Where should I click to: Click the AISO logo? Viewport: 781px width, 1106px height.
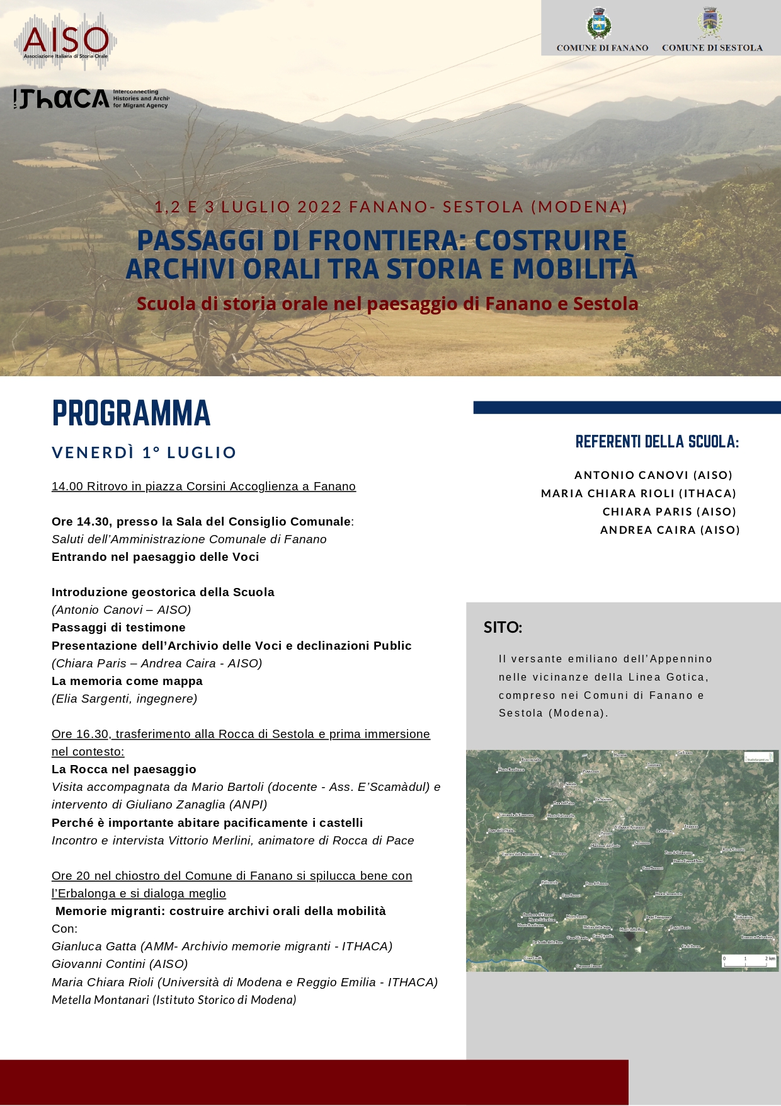coord(66,41)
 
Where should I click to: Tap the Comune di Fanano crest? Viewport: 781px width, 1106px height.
coord(598,24)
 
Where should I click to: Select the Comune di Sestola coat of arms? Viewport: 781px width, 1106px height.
coord(710,23)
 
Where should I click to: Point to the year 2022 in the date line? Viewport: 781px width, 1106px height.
coord(319,207)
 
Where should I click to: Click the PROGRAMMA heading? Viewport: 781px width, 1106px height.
coord(131,413)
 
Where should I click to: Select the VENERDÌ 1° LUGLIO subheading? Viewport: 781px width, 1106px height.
coord(144,452)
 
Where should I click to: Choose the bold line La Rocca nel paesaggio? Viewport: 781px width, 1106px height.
coord(124,769)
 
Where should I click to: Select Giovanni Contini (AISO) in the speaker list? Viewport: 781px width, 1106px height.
coord(120,964)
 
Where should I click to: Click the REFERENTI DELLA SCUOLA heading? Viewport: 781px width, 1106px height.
coord(657,442)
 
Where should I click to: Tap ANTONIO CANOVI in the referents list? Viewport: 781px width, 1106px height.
coord(631,475)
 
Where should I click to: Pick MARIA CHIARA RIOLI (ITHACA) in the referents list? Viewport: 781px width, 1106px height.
coord(639,493)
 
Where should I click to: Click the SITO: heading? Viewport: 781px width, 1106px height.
coord(503,628)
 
